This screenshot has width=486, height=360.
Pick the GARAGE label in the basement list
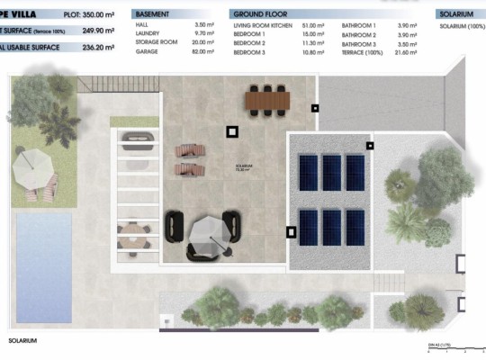(x=148, y=52)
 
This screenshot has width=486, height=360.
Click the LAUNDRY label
(x=149, y=35)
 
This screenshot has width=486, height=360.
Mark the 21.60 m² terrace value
(x=410, y=52)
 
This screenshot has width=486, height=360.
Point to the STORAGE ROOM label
(x=156, y=44)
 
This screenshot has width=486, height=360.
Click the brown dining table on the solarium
(x=265, y=98)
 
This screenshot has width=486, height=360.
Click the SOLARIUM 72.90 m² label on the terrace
(x=244, y=167)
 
